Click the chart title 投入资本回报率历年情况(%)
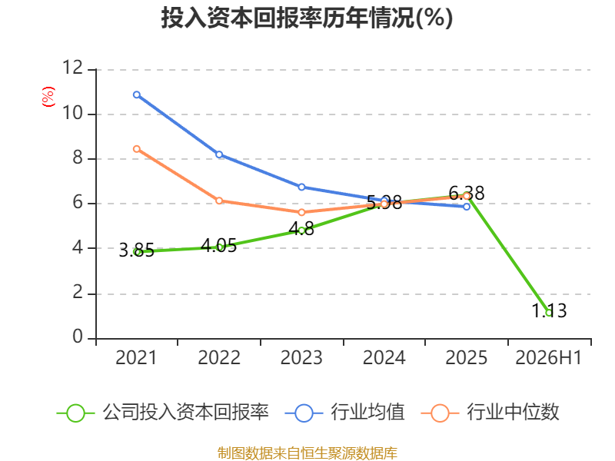307,18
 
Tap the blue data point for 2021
137,95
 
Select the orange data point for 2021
137,149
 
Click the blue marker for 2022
219,154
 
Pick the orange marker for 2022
219,201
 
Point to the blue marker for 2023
301,187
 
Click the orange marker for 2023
301,213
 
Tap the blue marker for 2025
467,207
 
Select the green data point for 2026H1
549,313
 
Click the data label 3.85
137,250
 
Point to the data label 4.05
219,246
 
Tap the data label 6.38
467,194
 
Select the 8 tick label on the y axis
78,158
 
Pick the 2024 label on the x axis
384,357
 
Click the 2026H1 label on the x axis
549,357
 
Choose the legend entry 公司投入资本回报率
163,413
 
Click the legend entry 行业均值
344,413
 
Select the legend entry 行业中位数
490,413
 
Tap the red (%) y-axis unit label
48,97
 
